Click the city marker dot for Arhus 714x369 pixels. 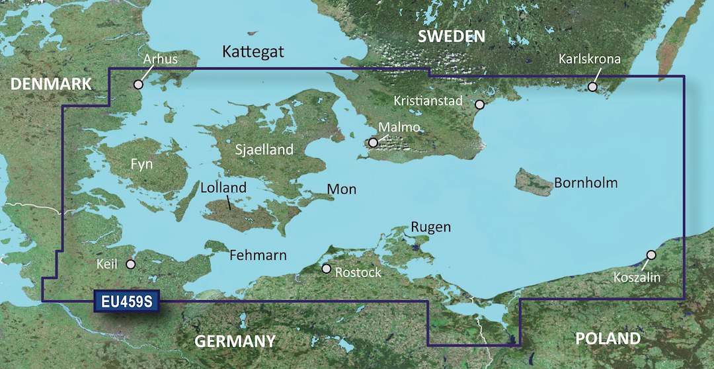(138, 85)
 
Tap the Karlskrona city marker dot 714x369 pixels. (593, 87)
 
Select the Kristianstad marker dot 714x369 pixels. (480, 104)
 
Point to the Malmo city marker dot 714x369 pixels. (374, 142)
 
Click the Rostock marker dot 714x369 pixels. (326, 269)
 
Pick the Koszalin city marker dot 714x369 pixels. (651, 255)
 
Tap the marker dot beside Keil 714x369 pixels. (131, 265)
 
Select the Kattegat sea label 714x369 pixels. (253, 52)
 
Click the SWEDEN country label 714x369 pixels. (451, 36)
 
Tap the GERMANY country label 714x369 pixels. (235, 341)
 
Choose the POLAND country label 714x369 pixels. (608, 339)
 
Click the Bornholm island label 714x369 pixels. (586, 183)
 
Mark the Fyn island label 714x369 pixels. (141, 165)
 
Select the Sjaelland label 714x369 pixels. (264, 150)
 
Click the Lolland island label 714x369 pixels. (223, 188)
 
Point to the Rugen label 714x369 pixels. (431, 227)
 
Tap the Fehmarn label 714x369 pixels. (258, 255)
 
